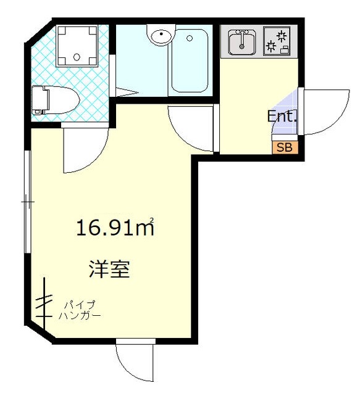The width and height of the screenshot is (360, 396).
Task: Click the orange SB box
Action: (x=285, y=147)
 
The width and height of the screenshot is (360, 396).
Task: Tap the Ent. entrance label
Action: (x=282, y=116)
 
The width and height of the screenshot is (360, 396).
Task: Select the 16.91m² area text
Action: (x=115, y=228)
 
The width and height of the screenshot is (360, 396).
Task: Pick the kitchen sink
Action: (x=242, y=43)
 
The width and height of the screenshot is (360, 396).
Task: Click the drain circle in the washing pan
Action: (x=76, y=57)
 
